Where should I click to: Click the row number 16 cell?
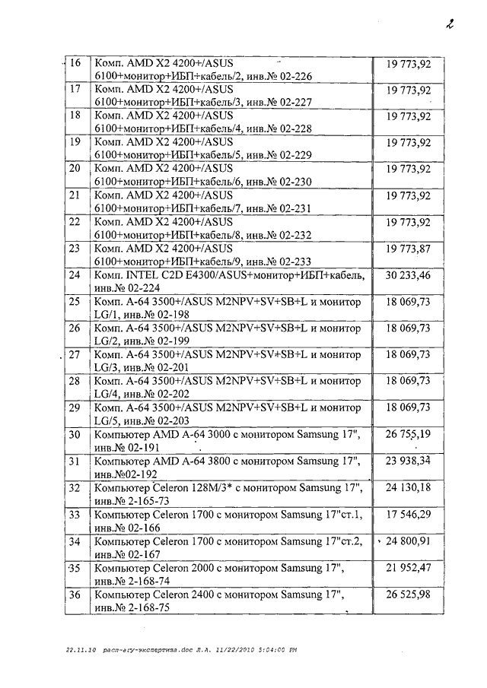75,63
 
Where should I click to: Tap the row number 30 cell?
75,435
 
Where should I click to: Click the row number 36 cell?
75,595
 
